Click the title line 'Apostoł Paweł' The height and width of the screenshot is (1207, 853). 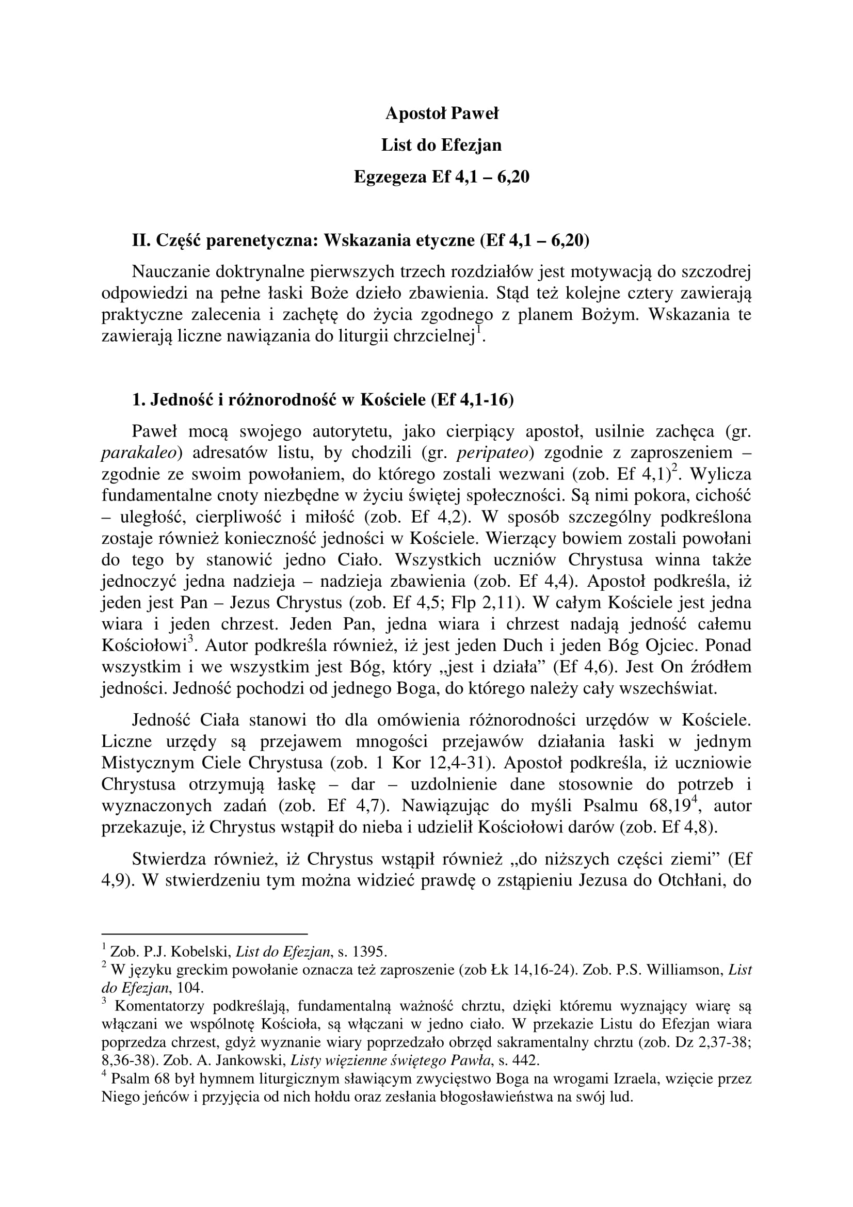(x=442, y=113)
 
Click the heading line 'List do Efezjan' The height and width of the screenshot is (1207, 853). (x=442, y=145)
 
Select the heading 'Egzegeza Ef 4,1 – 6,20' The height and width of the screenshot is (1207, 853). (x=442, y=177)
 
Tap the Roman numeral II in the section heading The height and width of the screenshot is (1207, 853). (x=140, y=240)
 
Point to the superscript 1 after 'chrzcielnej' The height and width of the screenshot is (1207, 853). (x=478, y=330)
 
